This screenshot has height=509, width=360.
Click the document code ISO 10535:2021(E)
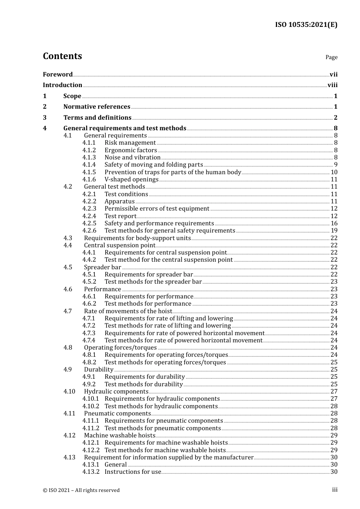pyautogui.click(x=306, y=25)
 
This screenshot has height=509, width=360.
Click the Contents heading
pyautogui.click(x=62, y=56)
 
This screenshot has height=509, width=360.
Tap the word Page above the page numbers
pyautogui.click(x=331, y=57)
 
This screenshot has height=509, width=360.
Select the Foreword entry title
pyautogui.click(x=58, y=75)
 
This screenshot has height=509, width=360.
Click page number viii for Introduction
pyautogui.click(x=332, y=85)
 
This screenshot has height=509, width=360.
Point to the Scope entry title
pyautogui.click(x=72, y=96)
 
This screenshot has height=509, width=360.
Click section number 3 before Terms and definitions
pyautogui.click(x=45, y=118)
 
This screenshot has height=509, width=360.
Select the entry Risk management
pyautogui.click(x=130, y=143)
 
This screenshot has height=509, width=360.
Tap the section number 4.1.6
pyautogui.click(x=89, y=180)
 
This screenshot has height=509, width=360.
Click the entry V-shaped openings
pyautogui.click(x=131, y=180)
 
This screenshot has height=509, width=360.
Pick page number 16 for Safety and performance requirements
pyautogui.click(x=334, y=223)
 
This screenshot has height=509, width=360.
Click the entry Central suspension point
pyautogui.click(x=120, y=245)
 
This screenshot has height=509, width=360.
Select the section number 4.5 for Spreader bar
pyautogui.click(x=68, y=267)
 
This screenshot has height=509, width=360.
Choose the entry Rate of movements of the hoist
pyautogui.click(x=128, y=311)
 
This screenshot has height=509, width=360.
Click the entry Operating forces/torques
pyautogui.click(x=120, y=348)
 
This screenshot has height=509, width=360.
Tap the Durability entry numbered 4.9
pyautogui.click(x=99, y=370)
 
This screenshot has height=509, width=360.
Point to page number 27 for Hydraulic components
pyautogui.click(x=334, y=392)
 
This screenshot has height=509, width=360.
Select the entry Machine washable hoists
pyautogui.click(x=120, y=436)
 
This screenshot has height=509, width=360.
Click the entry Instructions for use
pyautogui.click(x=133, y=472)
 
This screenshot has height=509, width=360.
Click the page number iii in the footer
pyautogui.click(x=335, y=490)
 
